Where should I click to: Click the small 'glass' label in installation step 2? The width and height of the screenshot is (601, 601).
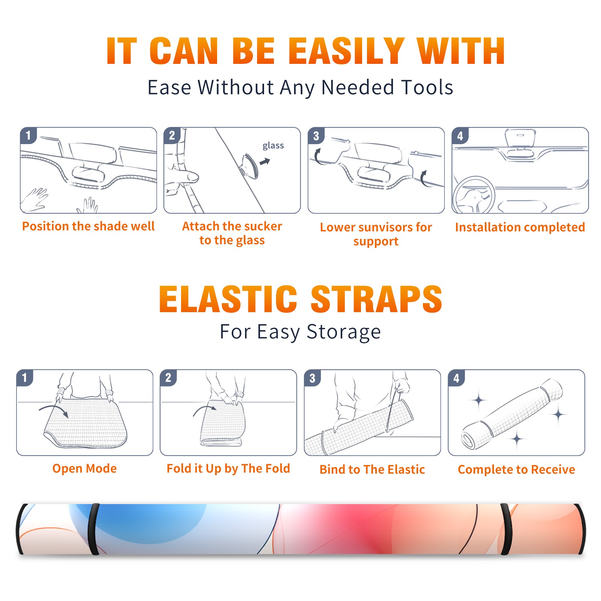tap(273, 146)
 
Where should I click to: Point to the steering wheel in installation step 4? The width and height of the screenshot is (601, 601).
tap(473, 195)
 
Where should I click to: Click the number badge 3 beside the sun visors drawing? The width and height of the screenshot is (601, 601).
tap(316, 136)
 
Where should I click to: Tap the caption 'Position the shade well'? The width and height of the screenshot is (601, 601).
tap(88, 226)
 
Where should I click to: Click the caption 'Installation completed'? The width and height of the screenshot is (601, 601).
tap(520, 227)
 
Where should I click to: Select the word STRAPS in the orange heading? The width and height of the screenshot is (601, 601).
tap(376, 299)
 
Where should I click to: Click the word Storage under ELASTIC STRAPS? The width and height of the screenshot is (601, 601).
tap(344, 332)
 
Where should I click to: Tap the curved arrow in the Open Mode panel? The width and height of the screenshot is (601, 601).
tap(54, 410)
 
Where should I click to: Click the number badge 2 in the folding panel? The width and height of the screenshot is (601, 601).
tap(168, 378)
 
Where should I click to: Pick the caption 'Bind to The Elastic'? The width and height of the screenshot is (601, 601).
tap(372, 469)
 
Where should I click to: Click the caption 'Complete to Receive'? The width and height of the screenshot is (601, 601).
tap(516, 469)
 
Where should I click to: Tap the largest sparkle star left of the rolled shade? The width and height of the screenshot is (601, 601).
tap(479, 400)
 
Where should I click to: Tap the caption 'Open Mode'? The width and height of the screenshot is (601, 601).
tap(85, 468)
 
